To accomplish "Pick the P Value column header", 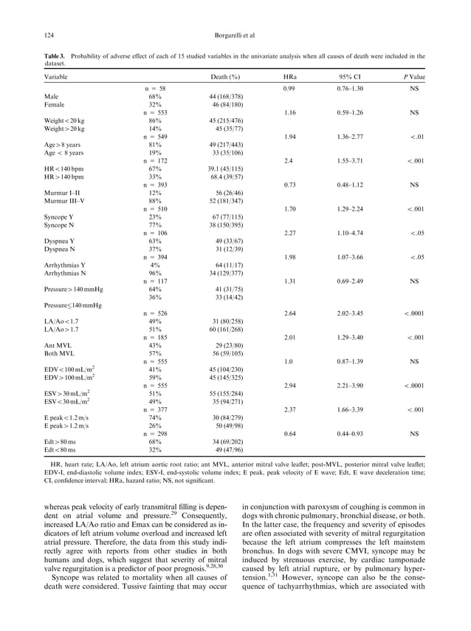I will pos(414,77).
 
